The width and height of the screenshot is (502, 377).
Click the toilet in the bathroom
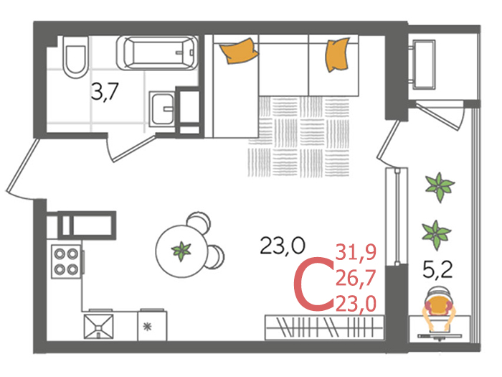(75, 57)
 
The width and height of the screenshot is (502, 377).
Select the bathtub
(157, 53)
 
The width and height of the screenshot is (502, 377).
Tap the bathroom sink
(162, 109)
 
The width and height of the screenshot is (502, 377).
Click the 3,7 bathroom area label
(105, 91)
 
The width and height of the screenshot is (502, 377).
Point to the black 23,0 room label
(283, 246)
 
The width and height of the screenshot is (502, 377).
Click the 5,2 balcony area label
(437, 269)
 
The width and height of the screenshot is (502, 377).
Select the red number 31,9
(356, 252)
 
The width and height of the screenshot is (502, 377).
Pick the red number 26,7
(356, 278)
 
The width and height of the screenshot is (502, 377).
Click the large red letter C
(313, 284)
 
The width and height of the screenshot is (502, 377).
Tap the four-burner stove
(66, 261)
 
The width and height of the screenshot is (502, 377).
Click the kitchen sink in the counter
(98, 326)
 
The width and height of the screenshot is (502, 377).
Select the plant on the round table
(181, 251)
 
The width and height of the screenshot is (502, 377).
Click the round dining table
(181, 251)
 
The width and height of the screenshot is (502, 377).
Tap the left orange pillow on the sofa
(239, 50)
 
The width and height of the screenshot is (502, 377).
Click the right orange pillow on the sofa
(337, 55)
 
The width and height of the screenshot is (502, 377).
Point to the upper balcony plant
(440, 187)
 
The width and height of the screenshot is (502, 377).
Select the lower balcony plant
(436, 234)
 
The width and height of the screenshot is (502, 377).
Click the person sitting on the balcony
(438, 309)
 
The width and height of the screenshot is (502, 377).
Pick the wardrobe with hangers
(324, 327)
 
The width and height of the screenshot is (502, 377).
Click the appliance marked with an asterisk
(152, 326)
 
